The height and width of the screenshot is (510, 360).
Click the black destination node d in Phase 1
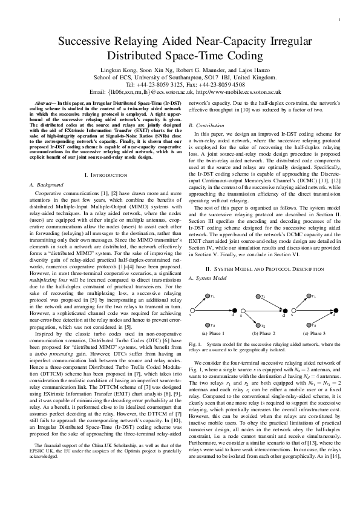(234, 313)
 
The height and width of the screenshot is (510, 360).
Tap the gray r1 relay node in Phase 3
(308, 296)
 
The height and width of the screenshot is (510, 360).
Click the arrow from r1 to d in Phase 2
(273, 305)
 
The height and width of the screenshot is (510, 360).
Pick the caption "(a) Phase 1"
(212, 334)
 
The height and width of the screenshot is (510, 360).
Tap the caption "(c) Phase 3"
(314, 334)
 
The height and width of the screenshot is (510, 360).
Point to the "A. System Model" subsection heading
(208, 278)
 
